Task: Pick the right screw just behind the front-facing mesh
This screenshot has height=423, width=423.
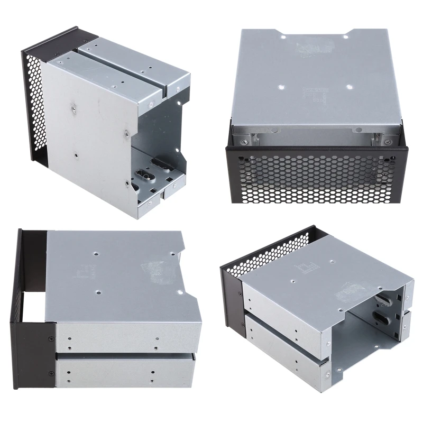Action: coord(389,141)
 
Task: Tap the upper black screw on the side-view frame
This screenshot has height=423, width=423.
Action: coord(51,338)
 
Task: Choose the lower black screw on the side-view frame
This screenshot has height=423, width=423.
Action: coord(51,373)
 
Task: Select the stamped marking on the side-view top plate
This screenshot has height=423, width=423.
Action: coord(90,273)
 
